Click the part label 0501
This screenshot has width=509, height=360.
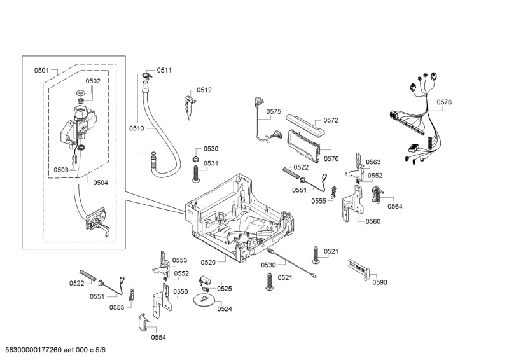point(41,70)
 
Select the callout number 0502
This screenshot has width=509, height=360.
point(93,81)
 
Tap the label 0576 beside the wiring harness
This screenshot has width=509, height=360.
point(444,102)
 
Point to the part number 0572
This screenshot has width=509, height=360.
point(331,120)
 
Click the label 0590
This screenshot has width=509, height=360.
point(380,282)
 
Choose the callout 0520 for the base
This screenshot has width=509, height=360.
point(208,262)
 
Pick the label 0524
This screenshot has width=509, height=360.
point(224,309)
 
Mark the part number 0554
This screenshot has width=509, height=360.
point(158,337)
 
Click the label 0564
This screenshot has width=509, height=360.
point(395,206)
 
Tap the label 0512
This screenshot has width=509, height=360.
point(204,90)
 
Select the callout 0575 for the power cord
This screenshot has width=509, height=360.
point(274,111)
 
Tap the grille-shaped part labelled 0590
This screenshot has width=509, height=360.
point(359,270)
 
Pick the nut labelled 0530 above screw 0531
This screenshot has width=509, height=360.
point(197,158)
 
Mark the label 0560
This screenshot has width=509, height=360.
point(373,221)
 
